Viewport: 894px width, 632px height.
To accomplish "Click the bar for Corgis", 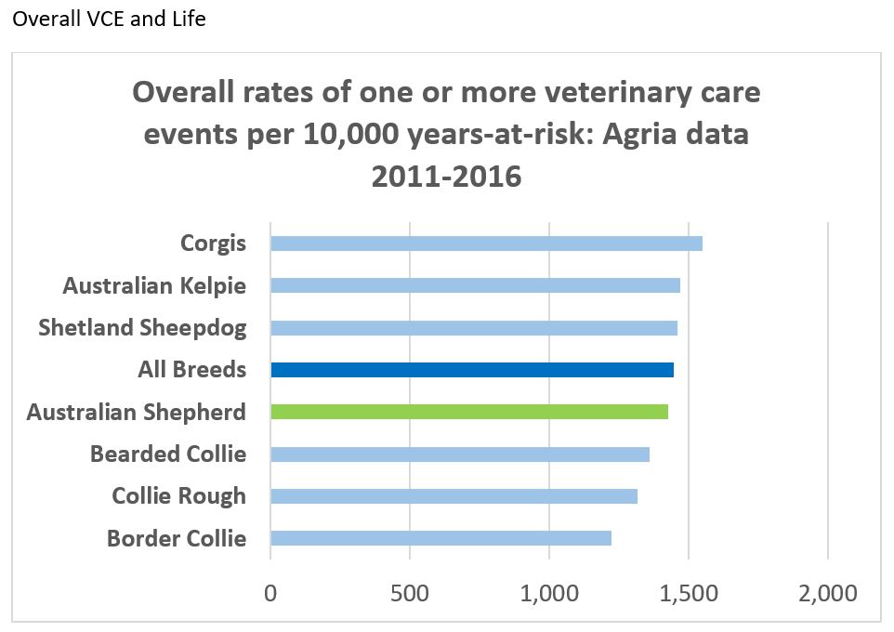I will click(x=486, y=244).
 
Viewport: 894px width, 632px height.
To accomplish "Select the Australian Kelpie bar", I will click(x=475, y=285).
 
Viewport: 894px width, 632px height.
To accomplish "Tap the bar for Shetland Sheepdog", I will click(x=474, y=328).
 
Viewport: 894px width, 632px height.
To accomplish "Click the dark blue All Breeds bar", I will click(x=472, y=370).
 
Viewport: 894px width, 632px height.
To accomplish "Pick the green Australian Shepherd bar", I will click(x=469, y=412).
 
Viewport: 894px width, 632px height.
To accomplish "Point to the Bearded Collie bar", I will click(x=460, y=454).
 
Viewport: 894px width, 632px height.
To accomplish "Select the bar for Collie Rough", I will click(x=454, y=496).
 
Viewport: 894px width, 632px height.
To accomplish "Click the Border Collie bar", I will click(x=440, y=538).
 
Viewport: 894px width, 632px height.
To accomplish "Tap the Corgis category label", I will click(x=213, y=244).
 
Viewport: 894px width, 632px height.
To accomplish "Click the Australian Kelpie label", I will click(x=154, y=285).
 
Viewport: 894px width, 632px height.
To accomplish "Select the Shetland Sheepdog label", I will click(x=142, y=328).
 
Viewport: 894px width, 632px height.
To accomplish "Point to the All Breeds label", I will click(x=191, y=370).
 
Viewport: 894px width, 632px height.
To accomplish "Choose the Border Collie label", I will click(x=177, y=538).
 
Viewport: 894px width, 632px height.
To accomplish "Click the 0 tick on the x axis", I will click(x=270, y=592).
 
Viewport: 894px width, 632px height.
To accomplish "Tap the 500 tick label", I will click(x=410, y=592).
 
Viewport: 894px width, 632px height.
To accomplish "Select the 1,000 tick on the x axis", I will click(x=549, y=592).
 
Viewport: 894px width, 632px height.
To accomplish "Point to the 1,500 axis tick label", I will click(x=689, y=592).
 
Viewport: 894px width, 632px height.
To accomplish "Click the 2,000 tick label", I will click(x=827, y=592).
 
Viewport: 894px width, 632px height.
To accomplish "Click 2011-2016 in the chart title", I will click(x=446, y=176).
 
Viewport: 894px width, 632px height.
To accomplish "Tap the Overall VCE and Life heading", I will click(x=110, y=19).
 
